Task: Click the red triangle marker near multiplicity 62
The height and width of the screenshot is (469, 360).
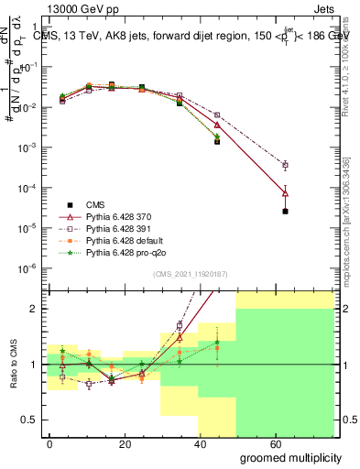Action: tap(286, 192)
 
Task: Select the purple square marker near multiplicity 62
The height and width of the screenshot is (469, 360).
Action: tap(286, 166)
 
